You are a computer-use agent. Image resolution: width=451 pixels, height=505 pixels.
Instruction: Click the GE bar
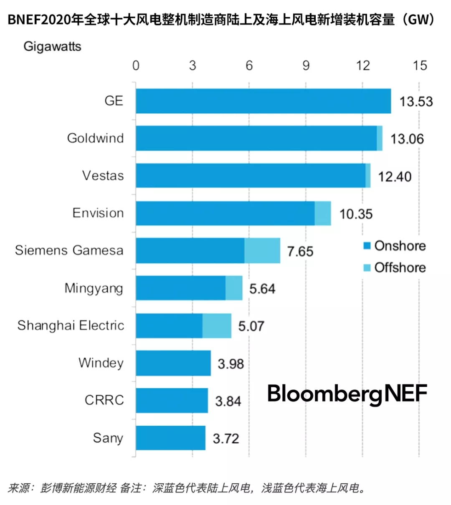point(263,101)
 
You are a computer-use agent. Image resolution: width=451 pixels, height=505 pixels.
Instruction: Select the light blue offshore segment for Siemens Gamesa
point(262,250)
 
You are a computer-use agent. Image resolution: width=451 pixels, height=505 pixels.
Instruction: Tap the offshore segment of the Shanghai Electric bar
point(217,326)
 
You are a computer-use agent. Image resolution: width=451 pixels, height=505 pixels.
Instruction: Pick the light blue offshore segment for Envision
point(323,213)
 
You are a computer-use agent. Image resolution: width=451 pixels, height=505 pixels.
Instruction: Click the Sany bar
point(170,438)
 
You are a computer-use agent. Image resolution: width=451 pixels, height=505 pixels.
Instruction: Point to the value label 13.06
point(407,139)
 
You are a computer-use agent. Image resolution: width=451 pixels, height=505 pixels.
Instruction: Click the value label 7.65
point(300,251)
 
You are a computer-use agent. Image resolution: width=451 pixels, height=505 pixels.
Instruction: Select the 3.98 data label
point(231,364)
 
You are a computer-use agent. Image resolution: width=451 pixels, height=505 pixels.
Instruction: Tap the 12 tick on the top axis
point(362,66)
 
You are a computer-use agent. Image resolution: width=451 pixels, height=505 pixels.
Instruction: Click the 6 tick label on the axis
point(249,66)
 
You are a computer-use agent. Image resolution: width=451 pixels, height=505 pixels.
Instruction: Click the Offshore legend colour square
point(367,268)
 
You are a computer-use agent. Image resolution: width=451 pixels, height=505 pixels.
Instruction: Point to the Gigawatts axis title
point(52,46)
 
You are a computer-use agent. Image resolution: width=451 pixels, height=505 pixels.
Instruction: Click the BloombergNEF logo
point(347,393)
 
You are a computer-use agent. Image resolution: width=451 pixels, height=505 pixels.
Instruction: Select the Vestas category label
point(103,176)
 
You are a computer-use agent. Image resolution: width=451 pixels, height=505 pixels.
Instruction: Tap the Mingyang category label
point(94,288)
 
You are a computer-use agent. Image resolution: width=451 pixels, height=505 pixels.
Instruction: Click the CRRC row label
point(104,400)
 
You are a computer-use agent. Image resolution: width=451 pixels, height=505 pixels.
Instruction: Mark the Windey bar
point(173,363)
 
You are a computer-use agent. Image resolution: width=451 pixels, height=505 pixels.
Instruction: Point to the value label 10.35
point(356,214)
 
